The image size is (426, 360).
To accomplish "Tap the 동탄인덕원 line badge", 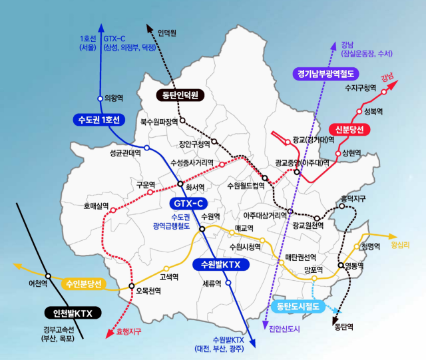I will click(180, 95).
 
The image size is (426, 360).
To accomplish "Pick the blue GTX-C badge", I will click(190, 203).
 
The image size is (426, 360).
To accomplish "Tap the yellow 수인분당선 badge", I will click(83, 284).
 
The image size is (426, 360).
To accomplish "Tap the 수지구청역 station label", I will click(361, 87).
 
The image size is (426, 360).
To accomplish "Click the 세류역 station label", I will click(212, 282).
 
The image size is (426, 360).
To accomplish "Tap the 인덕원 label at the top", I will click(168, 33).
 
